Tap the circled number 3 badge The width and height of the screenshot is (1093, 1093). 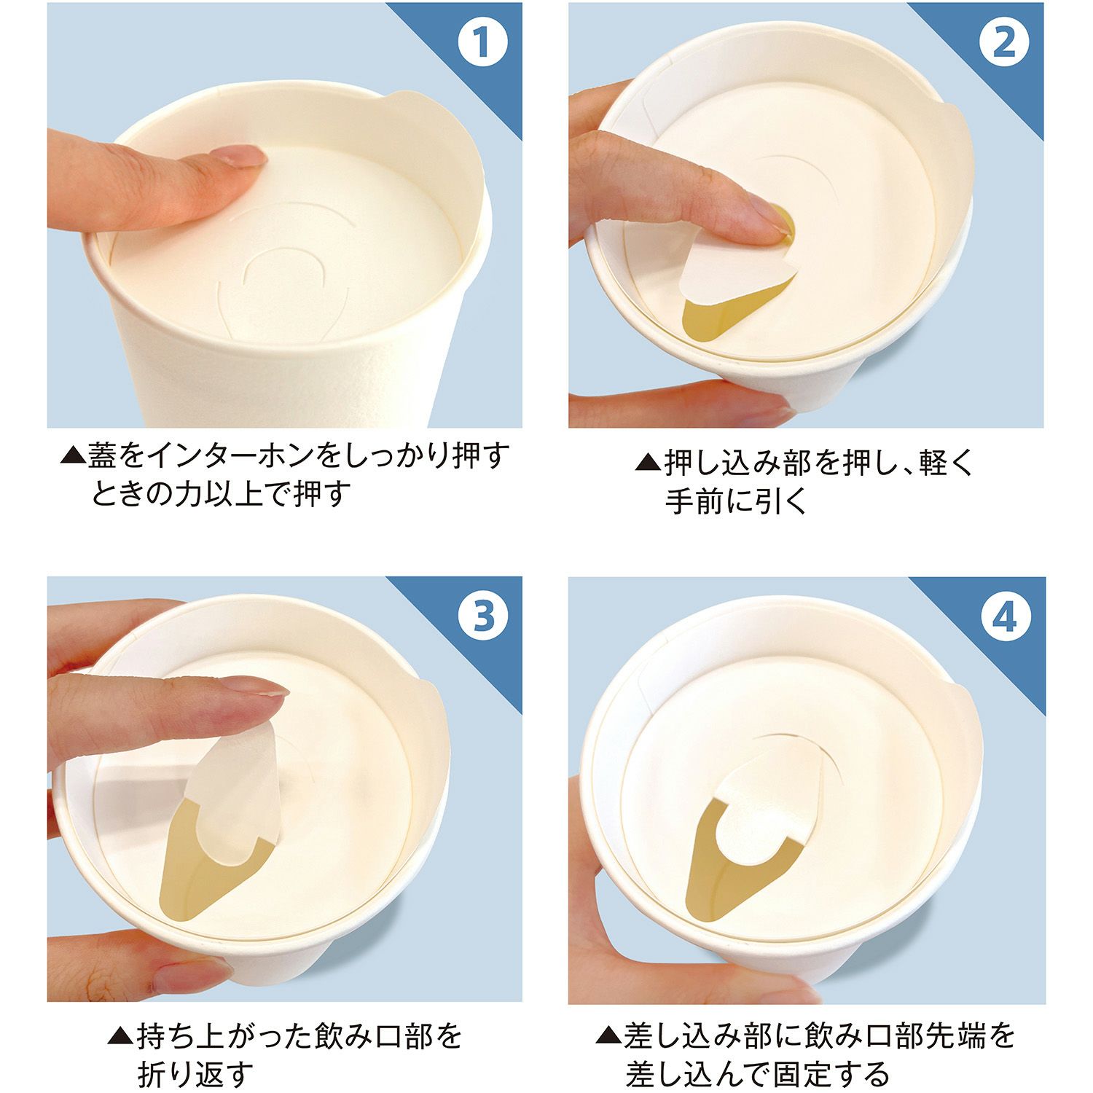click(483, 616)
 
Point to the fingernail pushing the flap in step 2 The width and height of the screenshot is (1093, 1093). click(771, 222)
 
